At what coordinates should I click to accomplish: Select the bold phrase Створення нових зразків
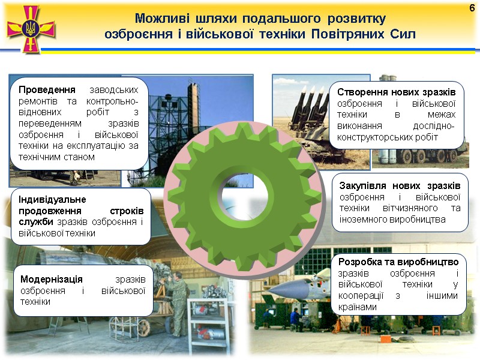click(397, 92)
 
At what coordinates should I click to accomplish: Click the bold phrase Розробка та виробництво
click(398, 262)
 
